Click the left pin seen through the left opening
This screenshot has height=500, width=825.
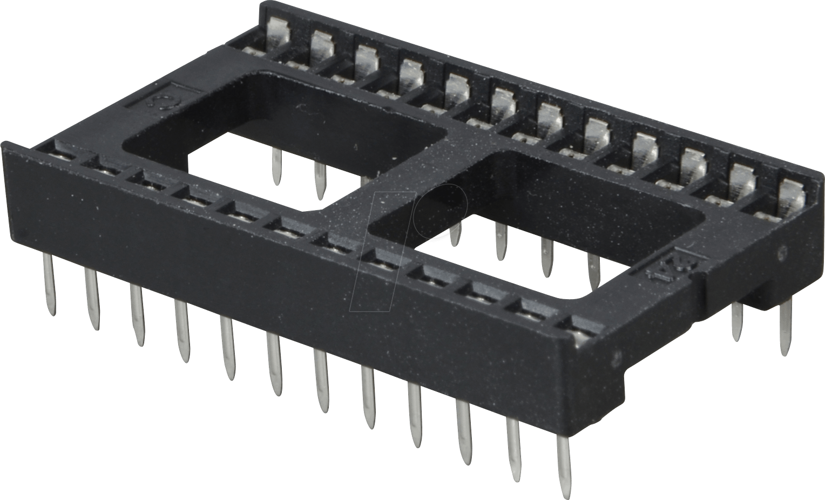point(276,166)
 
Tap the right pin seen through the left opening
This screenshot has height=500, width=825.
point(320,180)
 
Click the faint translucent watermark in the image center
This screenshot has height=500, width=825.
point(410,238)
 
